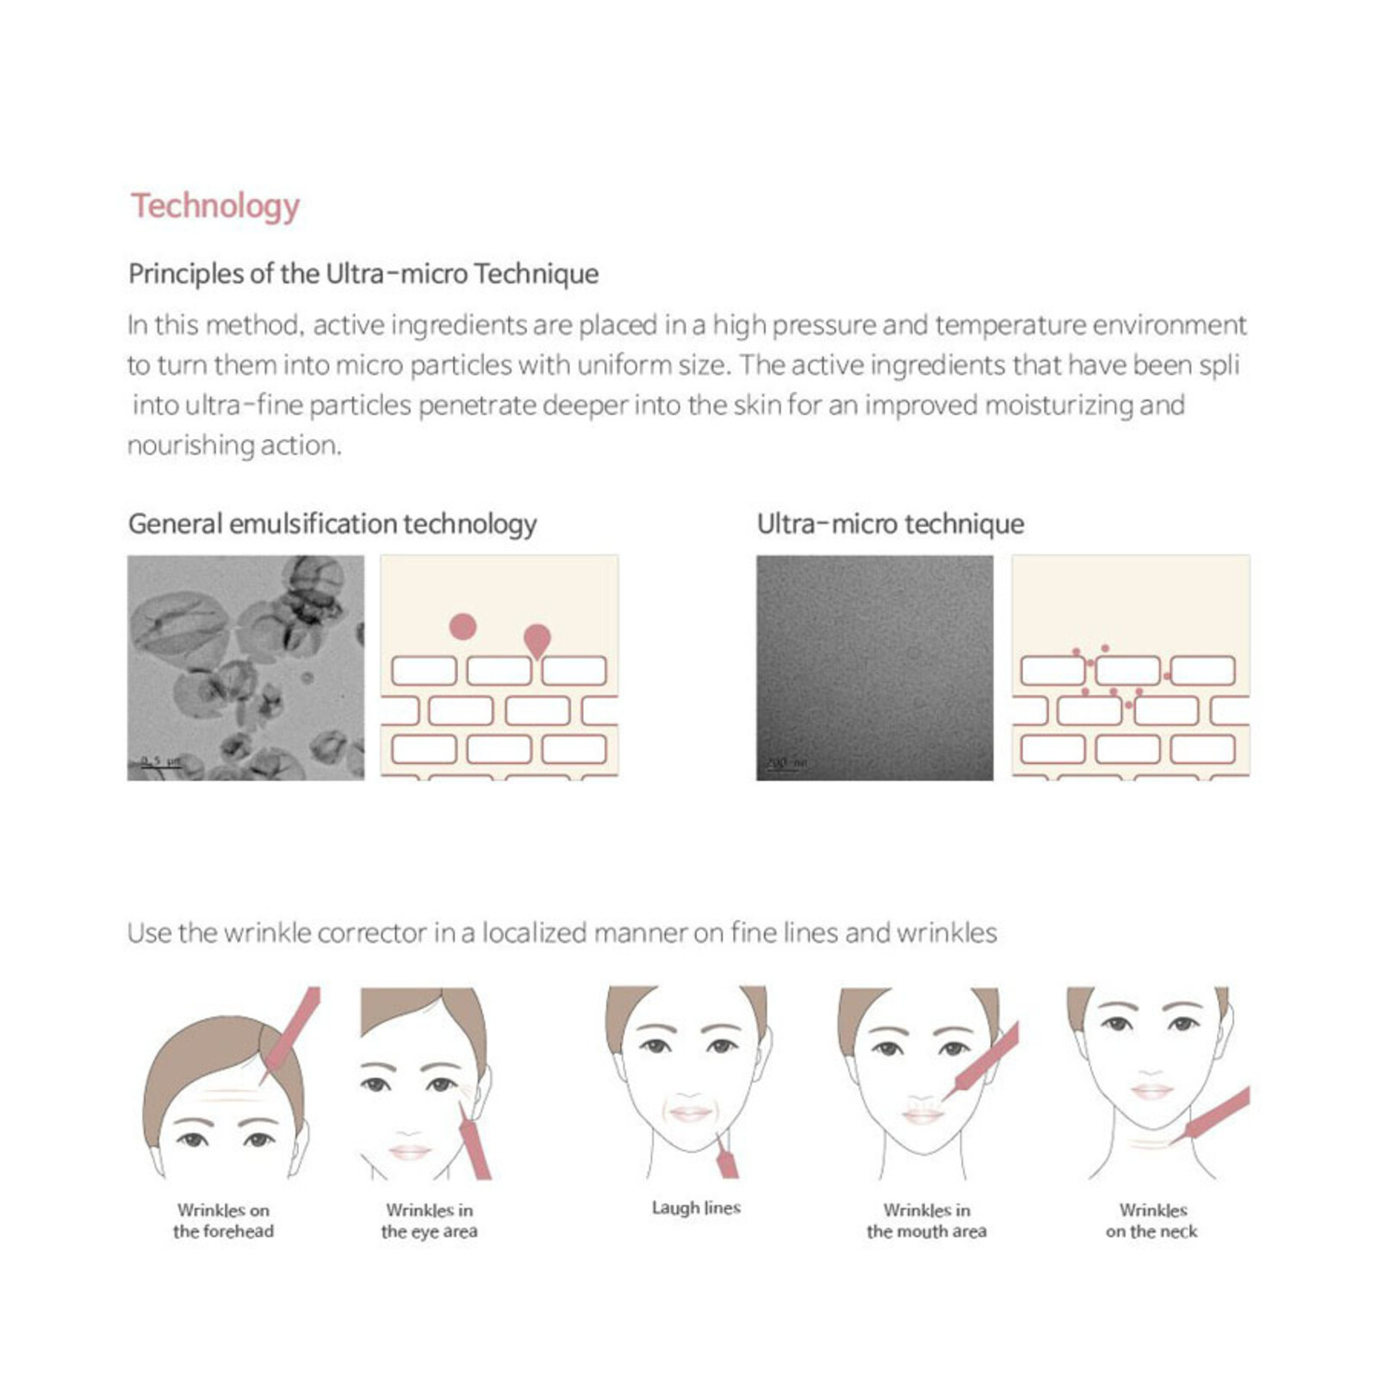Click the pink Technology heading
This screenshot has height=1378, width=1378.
click(x=215, y=206)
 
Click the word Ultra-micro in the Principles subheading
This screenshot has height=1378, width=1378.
click(x=396, y=274)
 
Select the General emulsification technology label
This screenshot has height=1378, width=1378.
click(x=332, y=524)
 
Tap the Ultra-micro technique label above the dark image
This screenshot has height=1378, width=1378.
click(x=890, y=524)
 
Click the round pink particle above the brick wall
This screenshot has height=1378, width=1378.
click(x=462, y=626)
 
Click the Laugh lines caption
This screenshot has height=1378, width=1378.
click(x=696, y=1207)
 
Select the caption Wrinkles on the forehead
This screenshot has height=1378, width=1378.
click(x=223, y=1220)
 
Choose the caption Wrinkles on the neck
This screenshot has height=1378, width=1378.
click(x=1151, y=1220)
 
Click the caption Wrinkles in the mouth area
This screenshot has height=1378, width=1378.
click(x=926, y=1220)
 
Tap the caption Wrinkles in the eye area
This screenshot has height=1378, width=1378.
click(x=429, y=1220)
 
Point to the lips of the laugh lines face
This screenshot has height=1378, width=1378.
click(x=690, y=1114)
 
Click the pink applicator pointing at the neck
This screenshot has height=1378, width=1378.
click(x=1214, y=1115)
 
